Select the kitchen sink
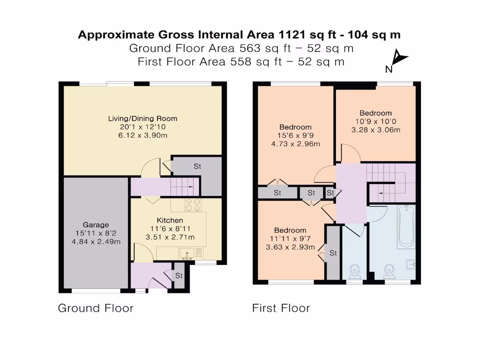[x=187, y=253]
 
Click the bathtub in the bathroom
[x=405, y=226]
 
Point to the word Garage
[x=96, y=225]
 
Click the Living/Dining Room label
[x=142, y=118]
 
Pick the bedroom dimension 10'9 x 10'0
[x=375, y=121]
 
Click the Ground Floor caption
[x=96, y=308]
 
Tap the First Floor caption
[x=281, y=308]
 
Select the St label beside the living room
[x=197, y=166]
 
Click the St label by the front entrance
[x=179, y=276]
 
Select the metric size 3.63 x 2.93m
[x=290, y=247]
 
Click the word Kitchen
[x=170, y=220]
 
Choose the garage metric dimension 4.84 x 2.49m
[x=96, y=241]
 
